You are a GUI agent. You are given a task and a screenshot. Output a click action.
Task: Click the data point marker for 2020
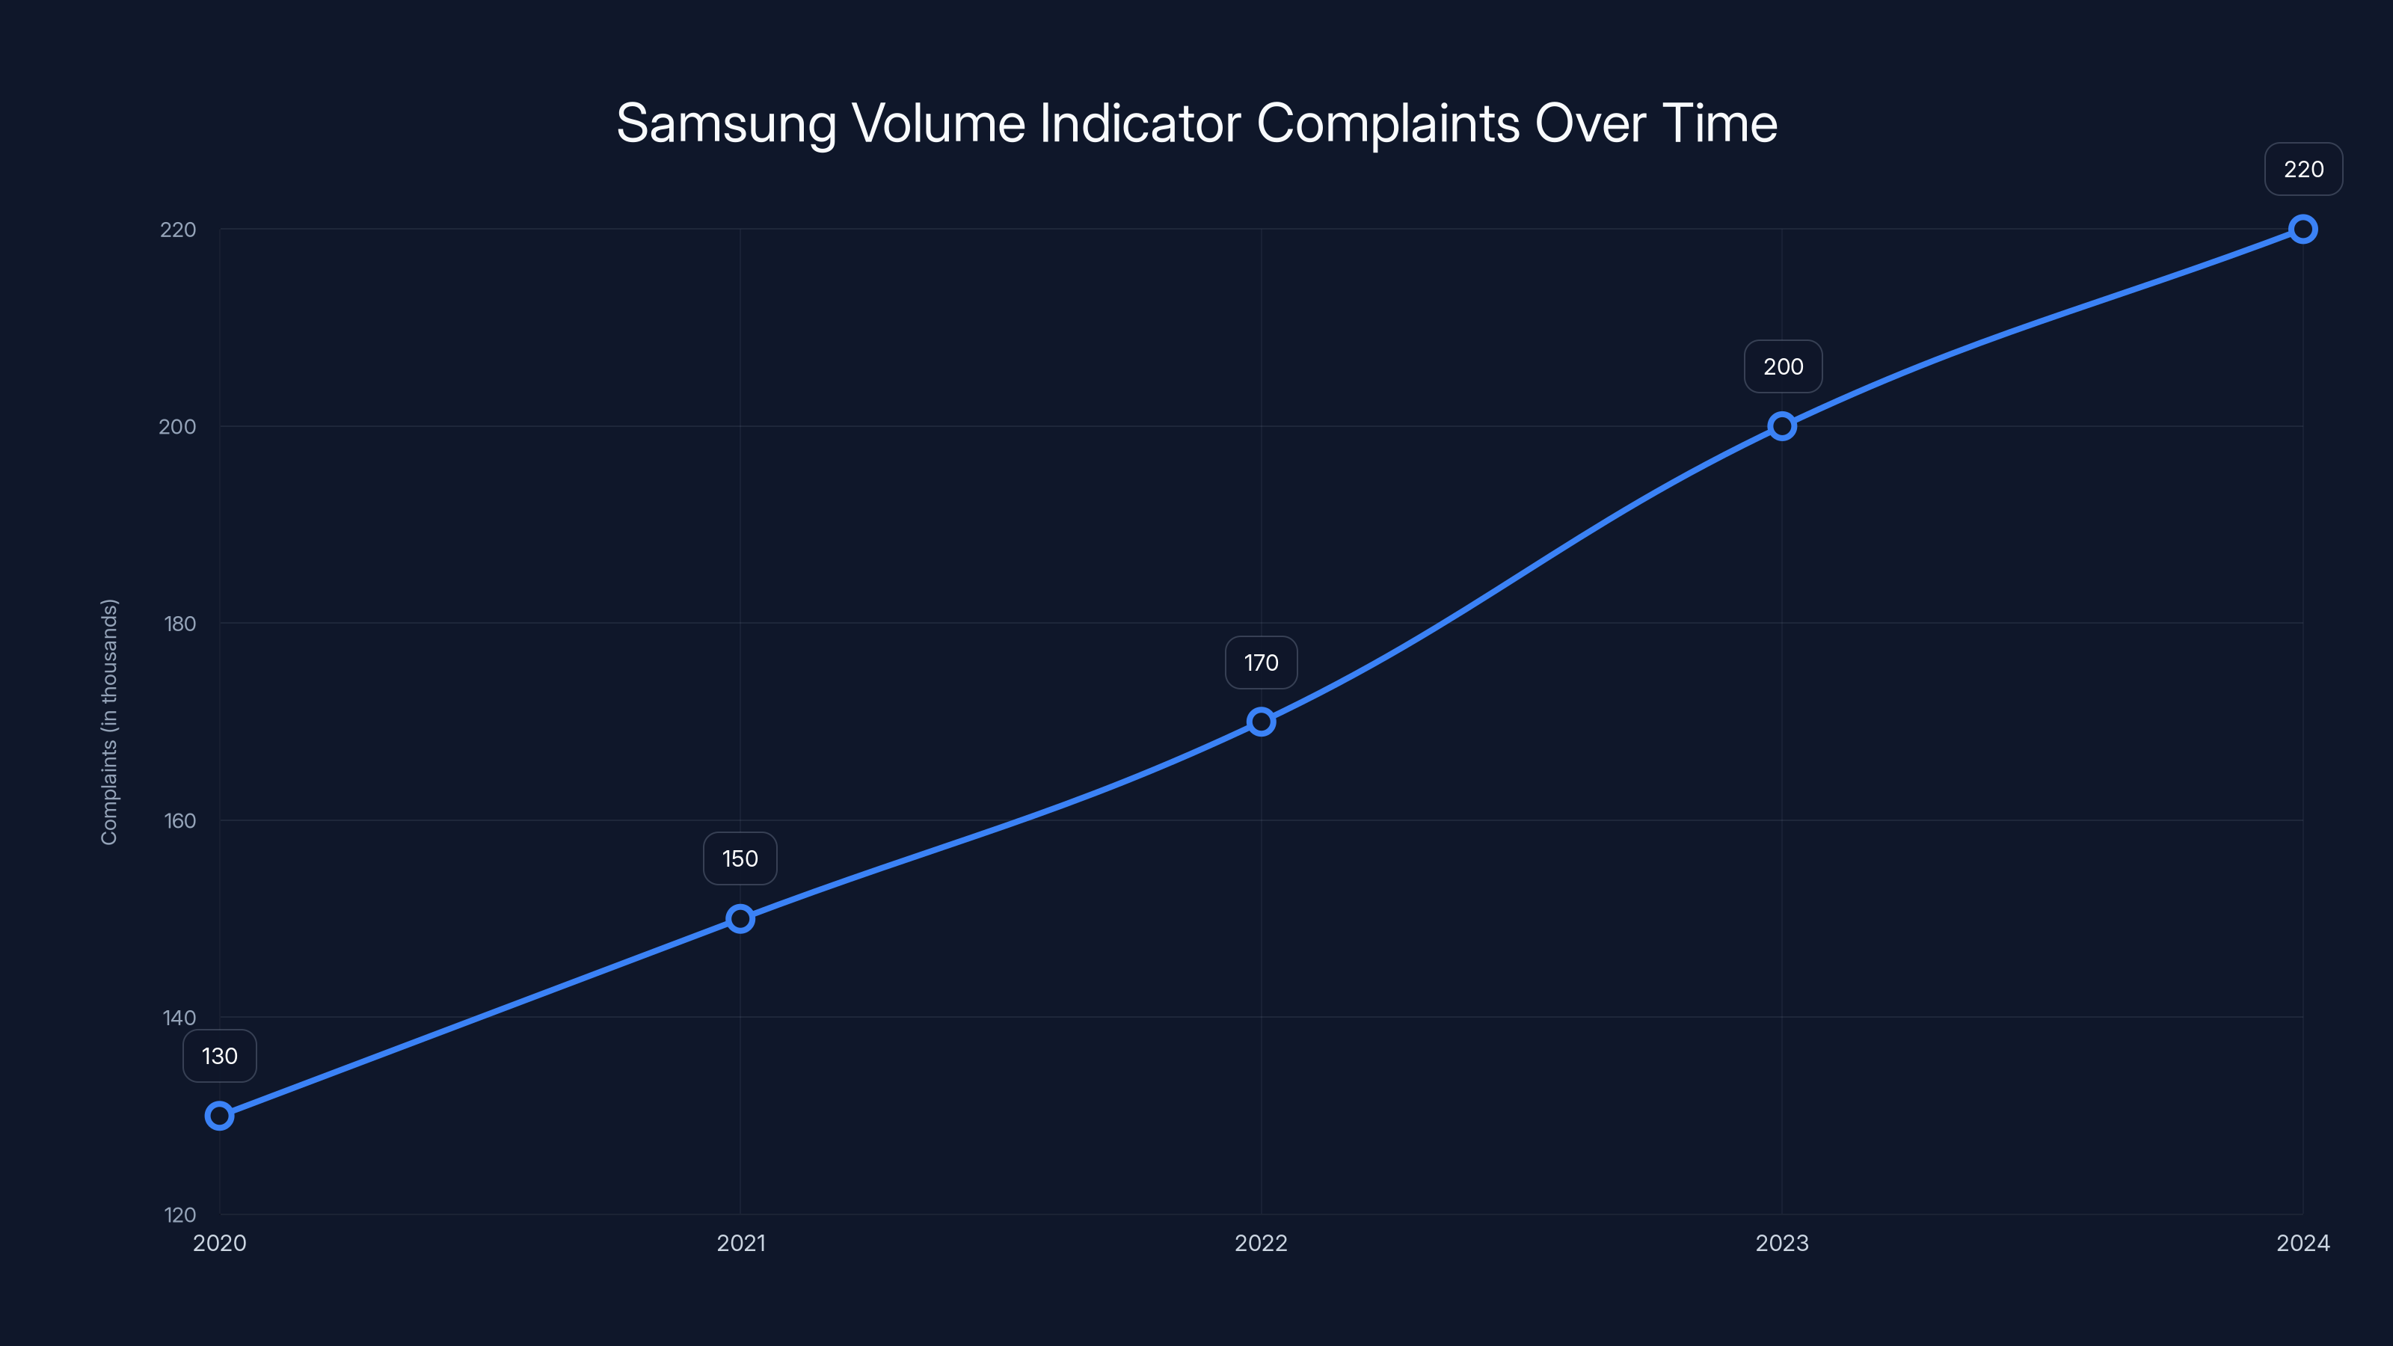coord(219,1115)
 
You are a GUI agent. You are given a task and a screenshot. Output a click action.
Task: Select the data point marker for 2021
coord(740,919)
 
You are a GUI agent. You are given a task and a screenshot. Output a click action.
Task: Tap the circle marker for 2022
coord(1261,722)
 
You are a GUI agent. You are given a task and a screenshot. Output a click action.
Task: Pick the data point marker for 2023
coord(1782,426)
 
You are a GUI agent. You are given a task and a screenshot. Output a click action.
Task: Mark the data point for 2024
coord(2303,230)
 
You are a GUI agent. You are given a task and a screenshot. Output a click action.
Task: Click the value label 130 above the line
coord(219,1056)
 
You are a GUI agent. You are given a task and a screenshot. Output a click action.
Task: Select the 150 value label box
coord(740,858)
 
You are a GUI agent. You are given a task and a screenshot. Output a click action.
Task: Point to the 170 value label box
coord(1261,663)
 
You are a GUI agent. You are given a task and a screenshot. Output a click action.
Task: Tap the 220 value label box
coord(2303,169)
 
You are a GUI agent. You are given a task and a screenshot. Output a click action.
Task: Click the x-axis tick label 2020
coord(219,1243)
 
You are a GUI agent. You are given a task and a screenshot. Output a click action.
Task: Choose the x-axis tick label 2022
coord(1261,1243)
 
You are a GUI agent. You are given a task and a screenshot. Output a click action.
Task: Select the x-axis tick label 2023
coord(1782,1243)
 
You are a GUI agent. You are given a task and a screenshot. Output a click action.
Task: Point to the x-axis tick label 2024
coord(2303,1243)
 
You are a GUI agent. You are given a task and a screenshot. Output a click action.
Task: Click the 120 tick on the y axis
coord(180,1215)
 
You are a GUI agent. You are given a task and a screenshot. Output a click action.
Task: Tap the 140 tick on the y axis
coord(179,1018)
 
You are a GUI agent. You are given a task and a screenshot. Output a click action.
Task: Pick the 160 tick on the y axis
coord(179,820)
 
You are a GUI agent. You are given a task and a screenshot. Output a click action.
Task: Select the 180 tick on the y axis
coord(179,624)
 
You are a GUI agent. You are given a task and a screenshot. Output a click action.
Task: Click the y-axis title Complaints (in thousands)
coord(110,722)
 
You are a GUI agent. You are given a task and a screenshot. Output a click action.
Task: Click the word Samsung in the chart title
coord(725,123)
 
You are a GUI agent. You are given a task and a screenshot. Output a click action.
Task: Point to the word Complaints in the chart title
coord(1388,123)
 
